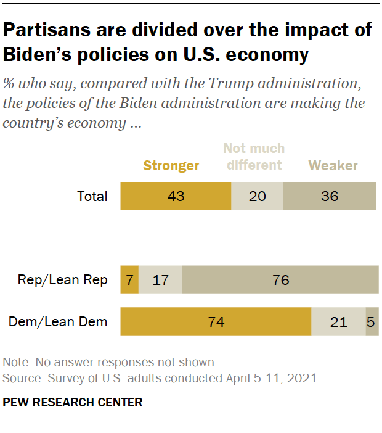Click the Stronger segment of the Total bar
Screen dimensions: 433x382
coord(176,197)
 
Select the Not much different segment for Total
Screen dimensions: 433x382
coord(257,197)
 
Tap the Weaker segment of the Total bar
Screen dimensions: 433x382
coord(330,197)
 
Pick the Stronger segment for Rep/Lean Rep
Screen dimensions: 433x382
coord(129,280)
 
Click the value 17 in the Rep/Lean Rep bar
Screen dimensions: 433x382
coord(160,280)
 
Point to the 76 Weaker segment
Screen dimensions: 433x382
coord(280,280)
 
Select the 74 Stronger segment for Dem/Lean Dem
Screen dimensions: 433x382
coord(216,321)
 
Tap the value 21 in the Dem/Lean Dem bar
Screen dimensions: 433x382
coord(338,321)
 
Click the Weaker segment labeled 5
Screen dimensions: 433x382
coord(372,321)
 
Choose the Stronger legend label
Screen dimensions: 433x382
coord(171,165)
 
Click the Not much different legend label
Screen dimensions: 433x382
coord(254,157)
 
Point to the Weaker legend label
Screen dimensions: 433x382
coord(333,165)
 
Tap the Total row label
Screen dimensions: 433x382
coord(92,197)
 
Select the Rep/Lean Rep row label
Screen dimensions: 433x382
coord(63,280)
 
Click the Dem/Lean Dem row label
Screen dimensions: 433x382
coord(58,321)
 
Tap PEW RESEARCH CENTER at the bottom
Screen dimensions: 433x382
coord(73,403)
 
